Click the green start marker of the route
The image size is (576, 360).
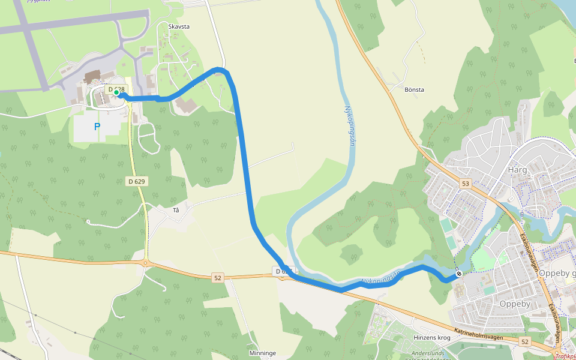pos(116,92)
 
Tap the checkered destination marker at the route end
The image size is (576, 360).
pos(459,274)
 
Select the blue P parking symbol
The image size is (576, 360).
pos(97,127)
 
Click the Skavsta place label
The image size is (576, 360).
pos(179,27)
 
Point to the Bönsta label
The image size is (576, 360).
pos(414,90)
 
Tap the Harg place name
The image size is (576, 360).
pos(517,170)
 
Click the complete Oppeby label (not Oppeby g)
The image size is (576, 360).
pos(515,304)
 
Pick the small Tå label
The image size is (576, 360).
pos(176,210)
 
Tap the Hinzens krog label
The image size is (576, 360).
pos(432,338)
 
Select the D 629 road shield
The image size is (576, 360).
pos(137,181)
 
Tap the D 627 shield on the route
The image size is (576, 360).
pos(284,272)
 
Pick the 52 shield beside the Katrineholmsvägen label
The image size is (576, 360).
pos(526,341)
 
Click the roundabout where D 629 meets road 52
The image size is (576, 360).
pos(146,263)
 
